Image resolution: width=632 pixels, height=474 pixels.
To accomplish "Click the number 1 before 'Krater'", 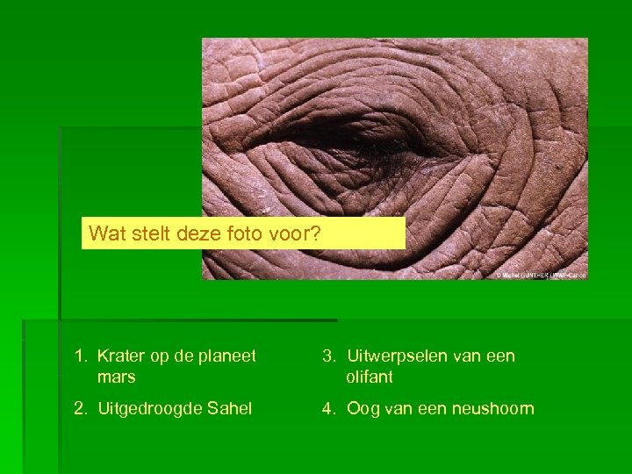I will point(80,356).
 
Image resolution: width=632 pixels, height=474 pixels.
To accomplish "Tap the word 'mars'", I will point(117,377).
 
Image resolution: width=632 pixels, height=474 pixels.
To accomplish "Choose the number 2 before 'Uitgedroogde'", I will point(81,409).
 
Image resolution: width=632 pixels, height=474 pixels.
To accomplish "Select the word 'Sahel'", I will point(231,409).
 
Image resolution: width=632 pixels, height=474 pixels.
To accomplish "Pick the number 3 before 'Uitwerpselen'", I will point(329,356).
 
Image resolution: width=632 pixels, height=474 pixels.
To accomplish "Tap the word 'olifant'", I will point(370,377).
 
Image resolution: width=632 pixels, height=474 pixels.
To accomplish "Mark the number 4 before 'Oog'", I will point(329,409).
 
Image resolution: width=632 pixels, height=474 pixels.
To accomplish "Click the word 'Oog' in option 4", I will point(363,409).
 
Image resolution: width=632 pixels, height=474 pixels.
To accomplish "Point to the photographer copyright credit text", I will point(541,275).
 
